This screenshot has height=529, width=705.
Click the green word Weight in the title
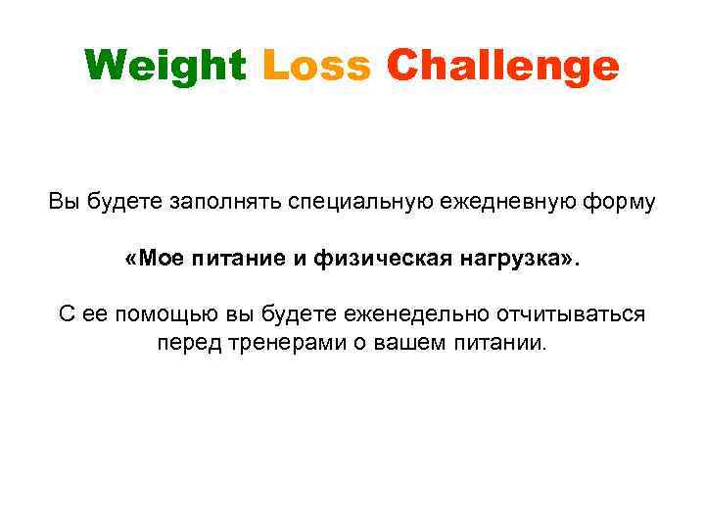pos(165,67)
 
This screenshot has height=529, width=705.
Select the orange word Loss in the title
pos(316,67)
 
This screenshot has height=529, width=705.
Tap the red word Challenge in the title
pos(503,67)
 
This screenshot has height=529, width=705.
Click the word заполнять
pos(226,203)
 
